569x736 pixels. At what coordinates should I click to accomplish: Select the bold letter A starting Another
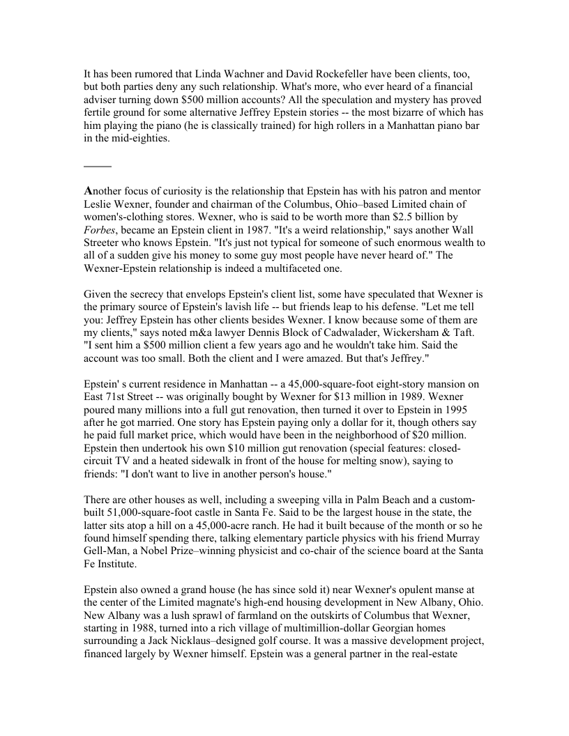point(88,191)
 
